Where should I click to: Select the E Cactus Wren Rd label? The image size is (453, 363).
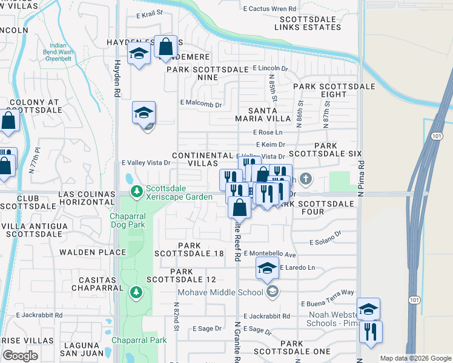point(270,9)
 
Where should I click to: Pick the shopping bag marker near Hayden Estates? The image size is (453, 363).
point(165,47)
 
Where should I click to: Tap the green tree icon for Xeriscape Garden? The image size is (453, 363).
point(137,192)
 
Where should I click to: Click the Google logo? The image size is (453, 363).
point(20,356)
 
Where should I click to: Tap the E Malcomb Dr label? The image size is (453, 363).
point(202,104)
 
